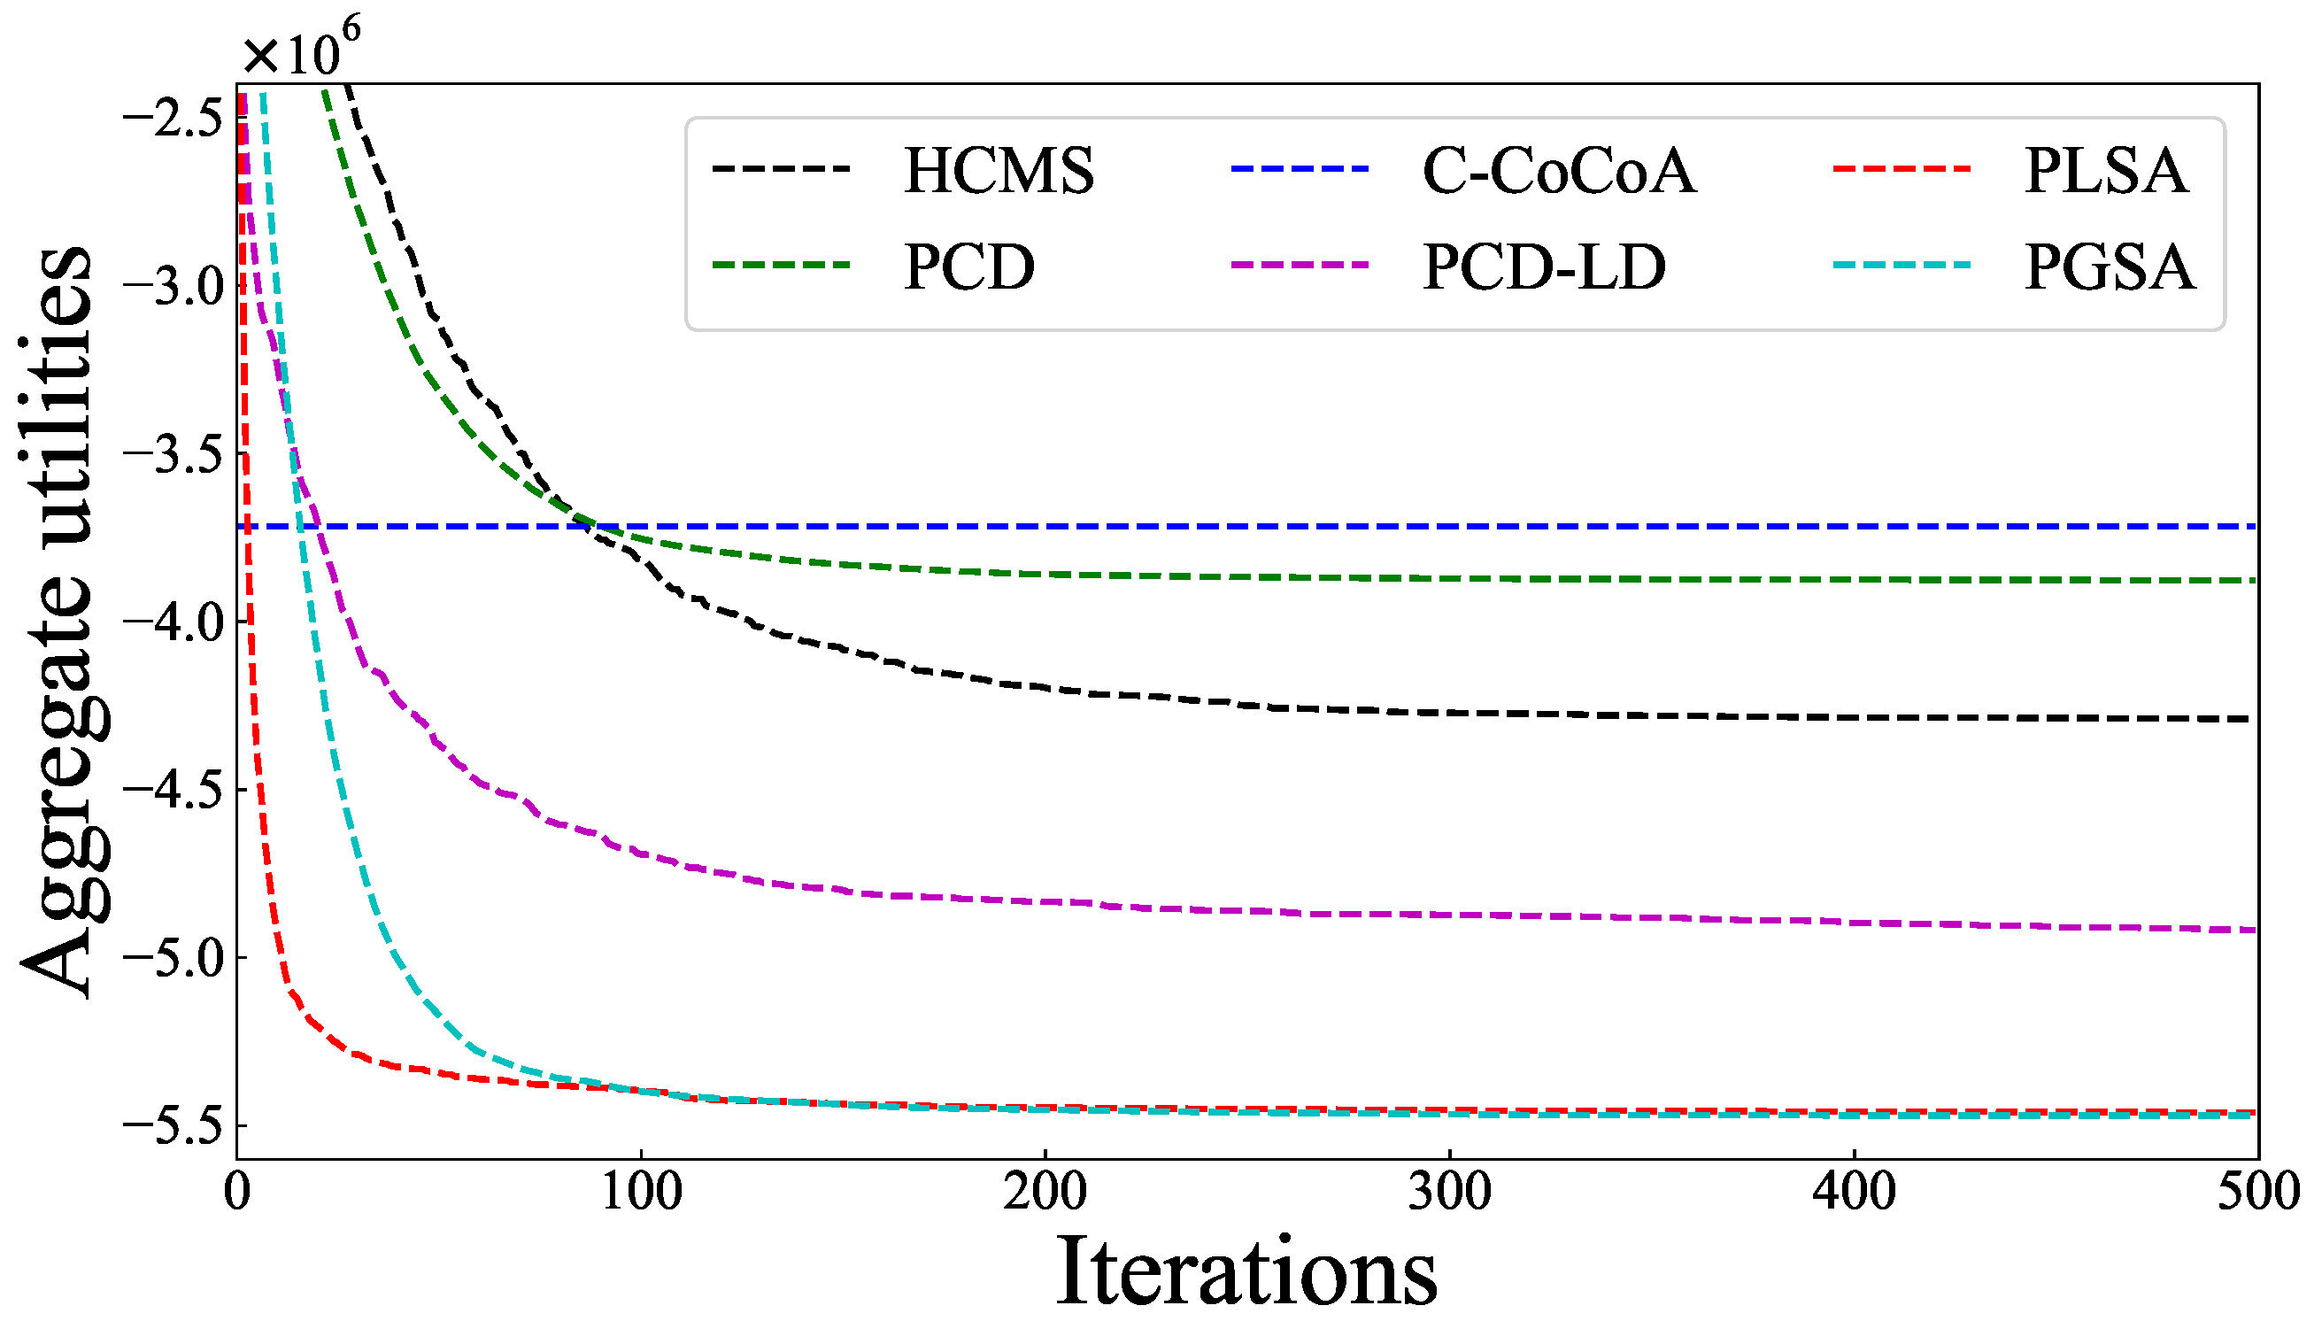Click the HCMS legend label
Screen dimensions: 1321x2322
999,171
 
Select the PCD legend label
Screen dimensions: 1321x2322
968,267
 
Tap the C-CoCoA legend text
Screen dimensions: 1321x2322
1558,171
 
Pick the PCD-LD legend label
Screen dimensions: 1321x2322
1544,267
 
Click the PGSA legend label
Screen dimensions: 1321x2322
2110,267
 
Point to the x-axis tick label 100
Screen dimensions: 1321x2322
641,1191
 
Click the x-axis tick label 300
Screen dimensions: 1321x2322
1449,1191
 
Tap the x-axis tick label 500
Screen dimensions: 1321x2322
2256,1191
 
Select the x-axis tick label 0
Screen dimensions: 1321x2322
236,1191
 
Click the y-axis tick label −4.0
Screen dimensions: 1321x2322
173,622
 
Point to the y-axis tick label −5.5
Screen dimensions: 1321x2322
173,1126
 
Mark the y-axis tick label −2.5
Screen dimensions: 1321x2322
173,119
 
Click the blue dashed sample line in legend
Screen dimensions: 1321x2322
1299,169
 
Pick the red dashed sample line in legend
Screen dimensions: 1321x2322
1902,169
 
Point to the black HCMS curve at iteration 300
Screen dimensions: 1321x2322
1449,712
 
